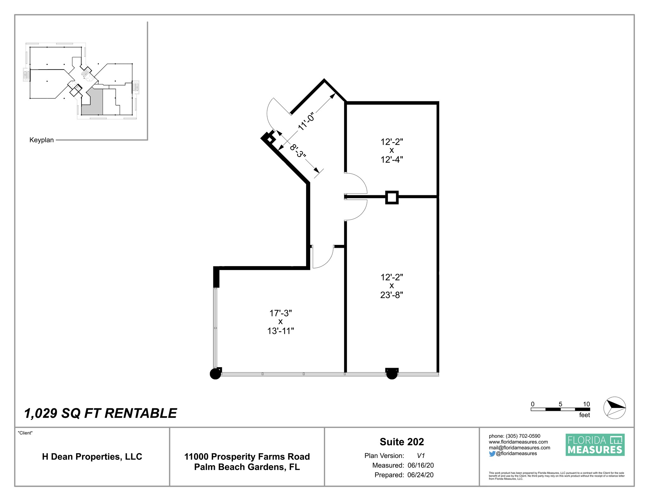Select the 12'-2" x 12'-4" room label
click(x=391, y=151)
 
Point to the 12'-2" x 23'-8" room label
click(x=391, y=286)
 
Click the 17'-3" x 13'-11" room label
click(x=280, y=322)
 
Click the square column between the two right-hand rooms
click(x=392, y=197)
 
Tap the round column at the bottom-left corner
click(x=215, y=374)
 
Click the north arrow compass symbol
click(x=614, y=408)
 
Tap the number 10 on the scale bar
click(x=586, y=404)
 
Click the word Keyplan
click(x=42, y=140)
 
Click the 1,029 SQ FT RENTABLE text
click(x=100, y=413)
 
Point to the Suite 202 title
click(x=402, y=442)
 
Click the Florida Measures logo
click(x=595, y=445)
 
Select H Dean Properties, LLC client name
click(x=92, y=457)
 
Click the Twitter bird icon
click(x=492, y=454)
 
